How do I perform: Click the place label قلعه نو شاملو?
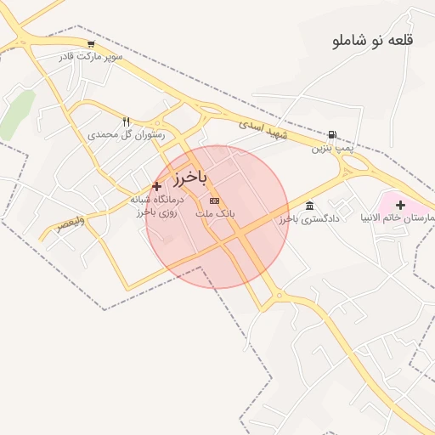coord(374,40)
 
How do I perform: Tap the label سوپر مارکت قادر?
coord(91,56)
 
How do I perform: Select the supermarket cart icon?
coord(91,44)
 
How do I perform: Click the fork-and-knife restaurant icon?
coord(127,121)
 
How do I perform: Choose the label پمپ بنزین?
coord(330,148)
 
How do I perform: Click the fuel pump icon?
coord(330,134)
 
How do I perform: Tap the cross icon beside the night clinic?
coord(156,186)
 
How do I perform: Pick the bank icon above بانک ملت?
coord(214,201)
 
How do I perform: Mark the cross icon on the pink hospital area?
coord(400,204)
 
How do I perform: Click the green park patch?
coord(17,115)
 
